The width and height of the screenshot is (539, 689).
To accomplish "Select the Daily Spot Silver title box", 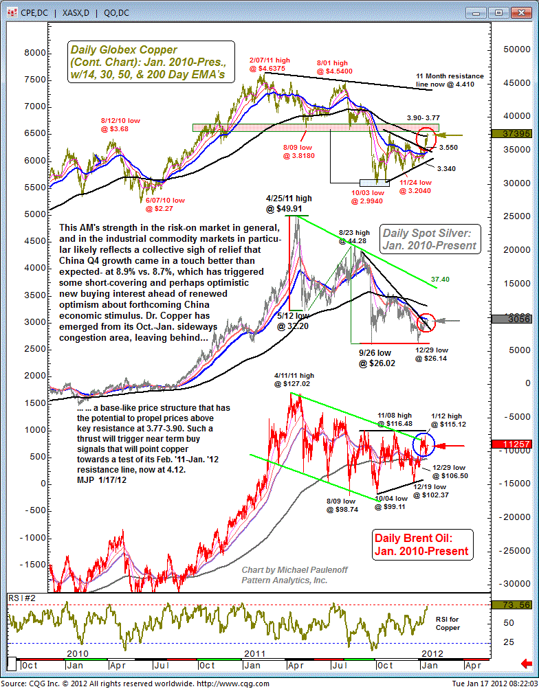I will point(430,240).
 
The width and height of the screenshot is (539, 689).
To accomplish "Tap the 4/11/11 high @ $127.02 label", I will point(294,380).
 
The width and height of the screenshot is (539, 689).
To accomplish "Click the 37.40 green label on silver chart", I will point(441,280).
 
